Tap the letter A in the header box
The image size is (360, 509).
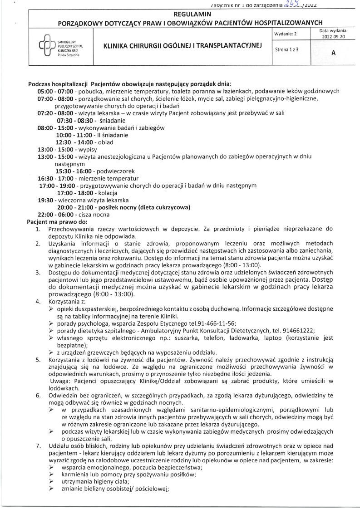(334, 53)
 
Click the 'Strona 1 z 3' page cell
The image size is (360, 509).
(287, 49)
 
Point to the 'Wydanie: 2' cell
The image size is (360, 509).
(286, 34)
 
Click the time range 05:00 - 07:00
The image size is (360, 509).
(53, 91)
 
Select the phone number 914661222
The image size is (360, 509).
(299, 330)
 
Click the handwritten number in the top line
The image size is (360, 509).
(289, 4)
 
